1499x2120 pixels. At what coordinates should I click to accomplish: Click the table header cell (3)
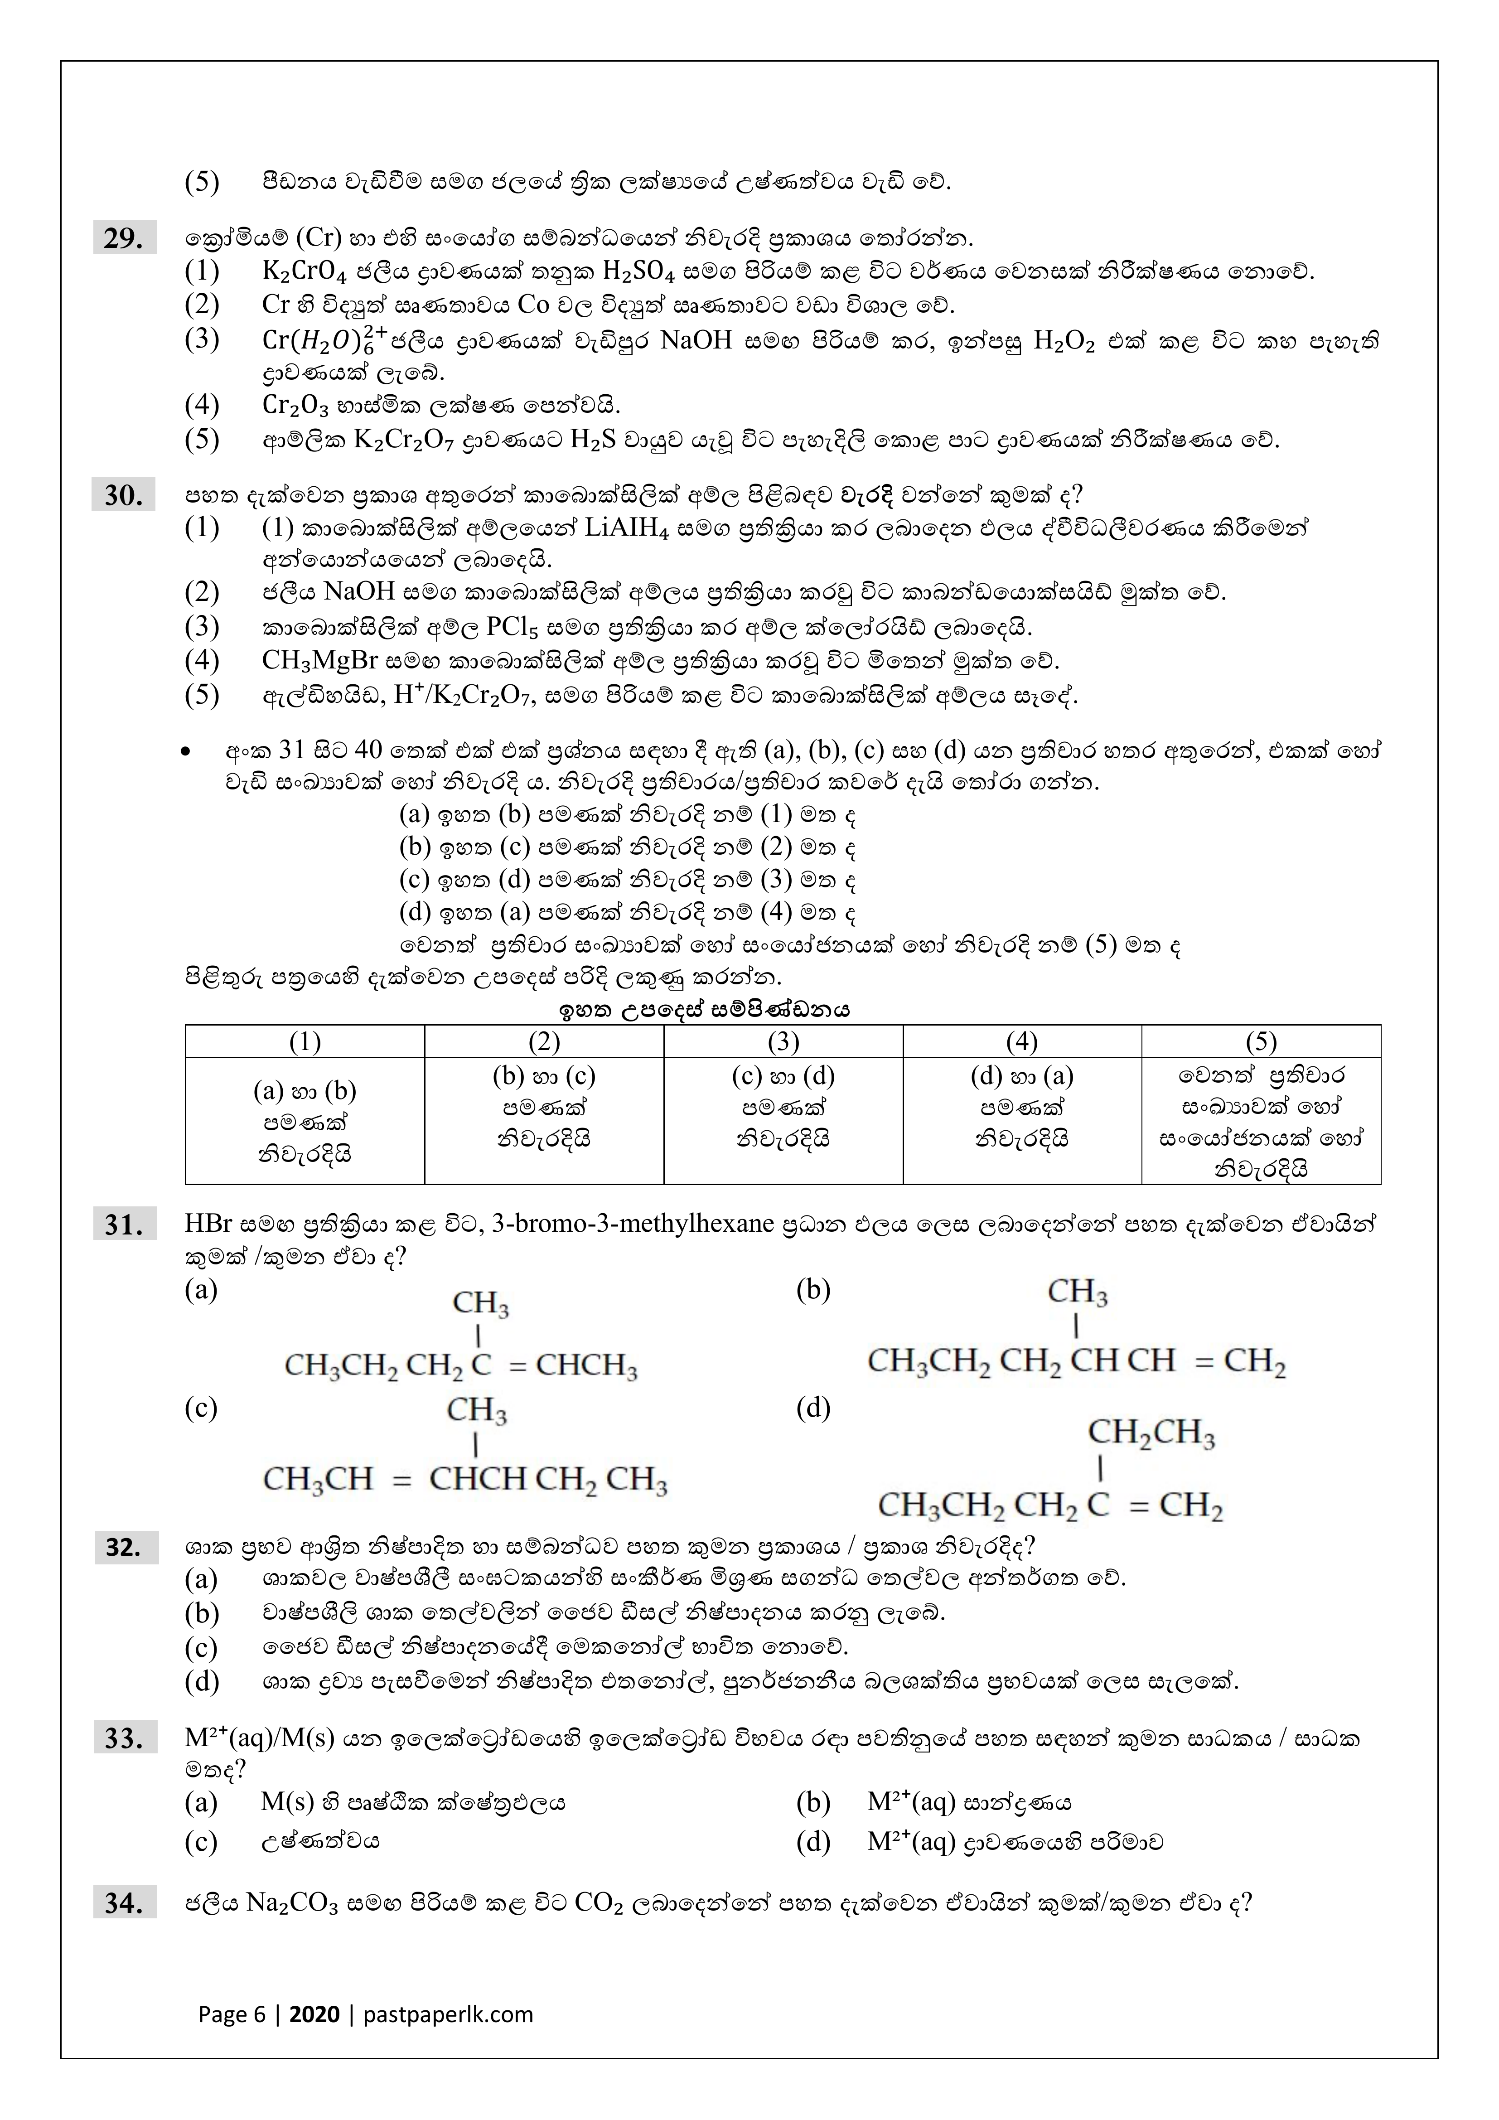coord(783,1041)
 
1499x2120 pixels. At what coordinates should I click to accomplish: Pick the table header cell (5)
coord(1261,1041)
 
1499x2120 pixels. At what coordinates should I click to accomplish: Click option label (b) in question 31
coord(813,1290)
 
